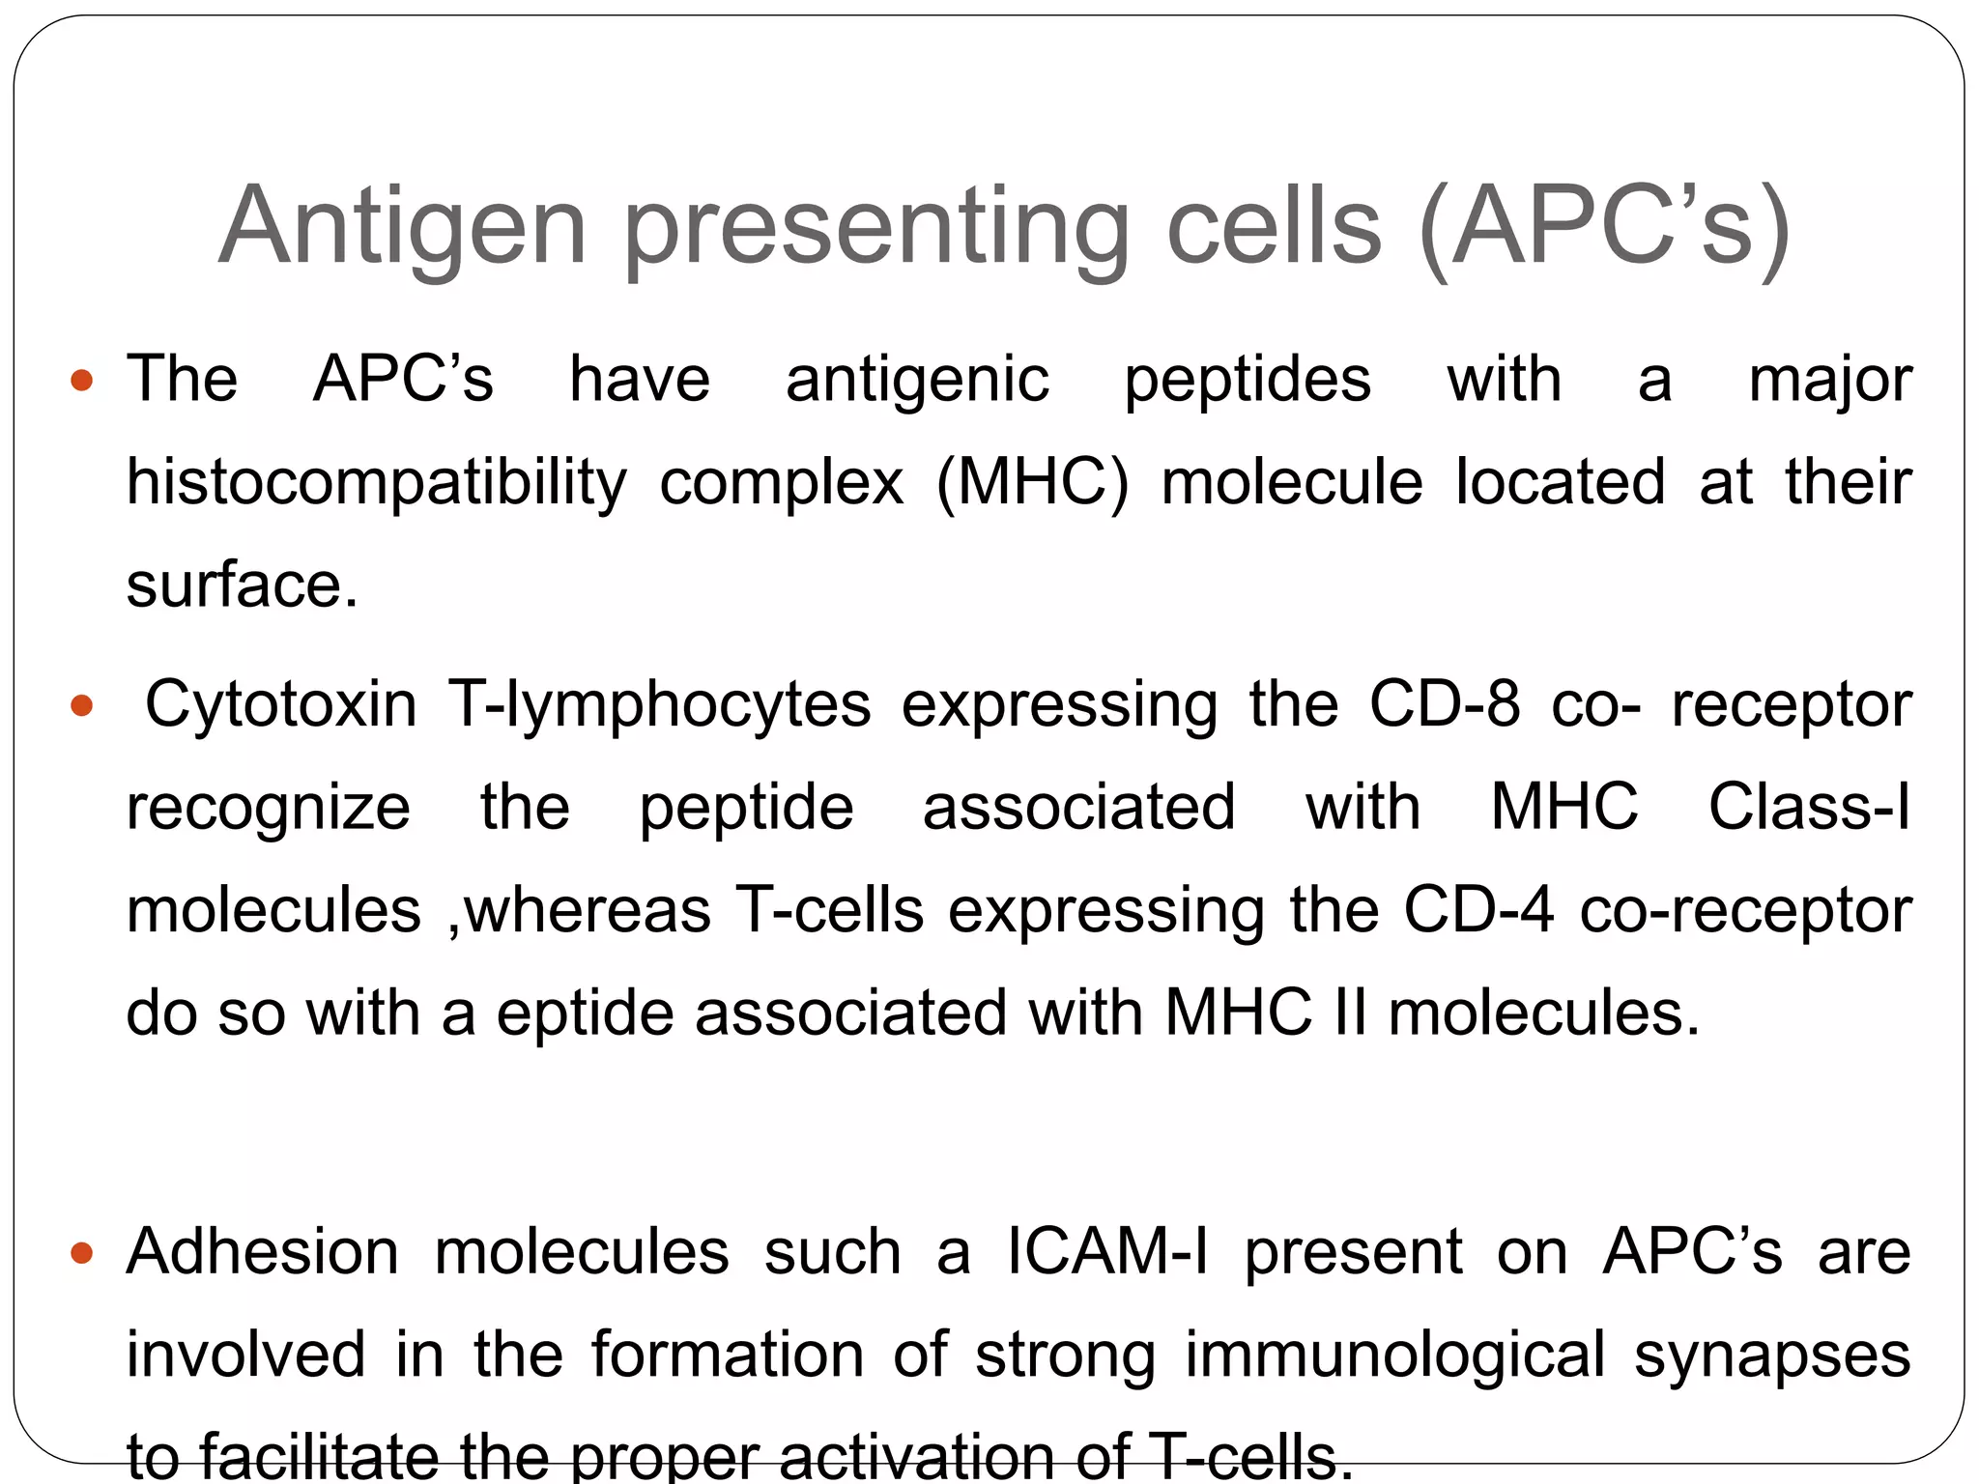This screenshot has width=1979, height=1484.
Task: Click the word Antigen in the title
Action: click(403, 227)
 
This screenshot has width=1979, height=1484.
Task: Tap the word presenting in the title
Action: click(877, 227)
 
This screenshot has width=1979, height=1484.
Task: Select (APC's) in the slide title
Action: click(1605, 227)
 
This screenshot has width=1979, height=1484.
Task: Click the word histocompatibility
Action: click(377, 482)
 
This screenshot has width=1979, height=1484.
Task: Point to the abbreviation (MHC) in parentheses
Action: click(1032, 482)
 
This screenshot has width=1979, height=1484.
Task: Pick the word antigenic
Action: click(917, 379)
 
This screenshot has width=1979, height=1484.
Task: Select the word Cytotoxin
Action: click(281, 704)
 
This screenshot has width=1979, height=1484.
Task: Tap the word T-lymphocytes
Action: click(659, 704)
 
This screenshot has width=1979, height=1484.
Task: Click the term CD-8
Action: click(1445, 704)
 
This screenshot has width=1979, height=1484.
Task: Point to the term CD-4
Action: click(1478, 910)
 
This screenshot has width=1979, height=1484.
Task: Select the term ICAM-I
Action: click(1107, 1252)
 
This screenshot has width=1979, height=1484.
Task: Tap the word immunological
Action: click(1394, 1355)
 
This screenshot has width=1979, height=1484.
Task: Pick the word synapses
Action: click(1772, 1355)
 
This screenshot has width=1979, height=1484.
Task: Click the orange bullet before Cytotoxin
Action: click(82, 706)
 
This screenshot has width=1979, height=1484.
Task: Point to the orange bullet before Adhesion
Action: click(82, 1254)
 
